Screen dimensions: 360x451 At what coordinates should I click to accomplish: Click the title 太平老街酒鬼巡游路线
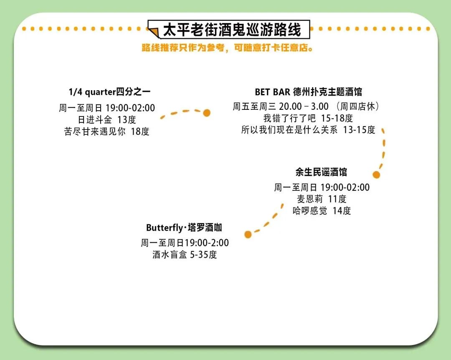pos(232,30)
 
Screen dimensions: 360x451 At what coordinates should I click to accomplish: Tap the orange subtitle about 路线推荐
pos(228,48)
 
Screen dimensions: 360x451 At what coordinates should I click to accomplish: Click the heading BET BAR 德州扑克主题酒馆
pos(308,92)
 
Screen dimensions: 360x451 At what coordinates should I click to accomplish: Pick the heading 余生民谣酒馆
pos(321,172)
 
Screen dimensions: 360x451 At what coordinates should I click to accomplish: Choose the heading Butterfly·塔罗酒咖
pos(184,228)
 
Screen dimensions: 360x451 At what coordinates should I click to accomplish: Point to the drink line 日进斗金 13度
pos(107,119)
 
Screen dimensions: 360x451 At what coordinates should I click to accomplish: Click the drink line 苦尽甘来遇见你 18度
pos(107,131)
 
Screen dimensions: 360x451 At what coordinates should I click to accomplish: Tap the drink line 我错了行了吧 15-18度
pos(308,118)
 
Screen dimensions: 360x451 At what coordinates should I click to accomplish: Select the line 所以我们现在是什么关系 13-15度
pos(308,130)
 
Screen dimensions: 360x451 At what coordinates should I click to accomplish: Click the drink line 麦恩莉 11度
pos(322,199)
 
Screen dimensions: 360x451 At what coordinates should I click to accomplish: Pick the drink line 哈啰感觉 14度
pos(322,210)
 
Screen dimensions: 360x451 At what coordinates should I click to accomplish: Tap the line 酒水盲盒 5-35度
pos(185,254)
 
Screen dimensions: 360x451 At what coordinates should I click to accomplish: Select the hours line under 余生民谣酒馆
pos(322,187)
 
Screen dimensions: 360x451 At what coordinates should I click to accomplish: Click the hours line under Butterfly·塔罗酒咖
pos(185,243)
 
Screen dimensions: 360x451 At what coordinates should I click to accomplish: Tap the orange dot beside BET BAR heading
pos(206,113)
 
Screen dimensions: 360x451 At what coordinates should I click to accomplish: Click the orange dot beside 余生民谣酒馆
pos(376,175)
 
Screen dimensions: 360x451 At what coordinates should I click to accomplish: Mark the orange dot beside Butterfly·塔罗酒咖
pos(248,234)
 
